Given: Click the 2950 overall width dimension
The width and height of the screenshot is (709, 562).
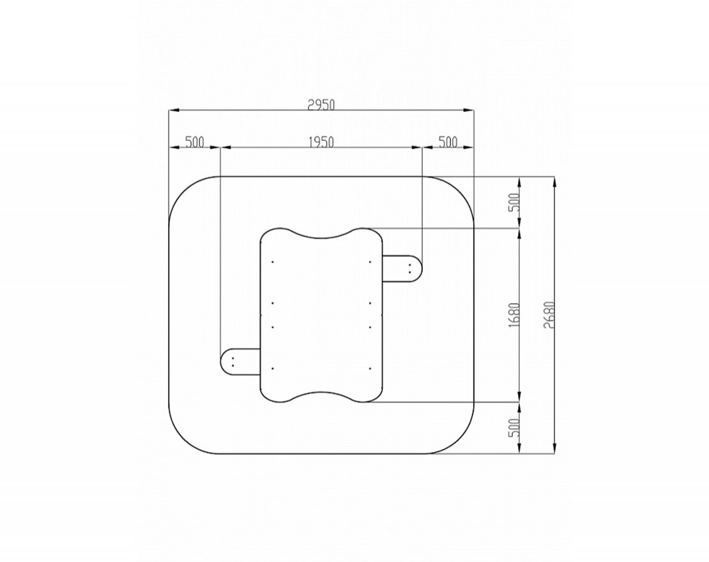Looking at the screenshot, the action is point(321,104).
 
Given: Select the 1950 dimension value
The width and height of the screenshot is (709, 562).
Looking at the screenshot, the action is point(321,142).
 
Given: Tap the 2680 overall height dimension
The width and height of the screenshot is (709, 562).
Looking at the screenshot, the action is point(549,315).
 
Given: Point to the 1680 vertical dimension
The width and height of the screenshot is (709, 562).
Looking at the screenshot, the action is point(514,315).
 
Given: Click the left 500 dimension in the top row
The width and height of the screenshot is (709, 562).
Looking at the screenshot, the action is point(194,142).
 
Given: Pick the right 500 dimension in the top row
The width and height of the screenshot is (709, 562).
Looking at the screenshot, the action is point(448,142).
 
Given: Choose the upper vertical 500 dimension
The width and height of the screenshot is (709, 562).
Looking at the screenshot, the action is point(514,203).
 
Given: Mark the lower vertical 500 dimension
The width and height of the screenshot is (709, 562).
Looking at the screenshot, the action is point(514,428).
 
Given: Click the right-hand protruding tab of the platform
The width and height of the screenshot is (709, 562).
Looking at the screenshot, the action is point(402,269).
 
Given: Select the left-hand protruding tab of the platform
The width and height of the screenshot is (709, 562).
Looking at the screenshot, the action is point(240,362).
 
